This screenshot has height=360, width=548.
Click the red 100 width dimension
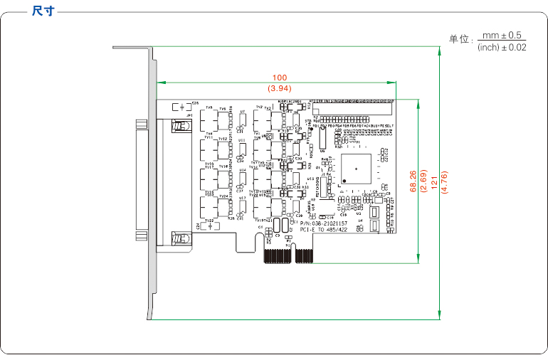pyautogui.click(x=279, y=77)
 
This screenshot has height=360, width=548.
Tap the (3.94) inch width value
pyautogui.click(x=279, y=88)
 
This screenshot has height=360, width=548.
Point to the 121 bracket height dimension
pyautogui.click(x=433, y=184)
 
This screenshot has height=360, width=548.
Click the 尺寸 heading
pyautogui.click(x=43, y=11)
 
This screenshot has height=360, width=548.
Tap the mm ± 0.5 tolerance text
pyautogui.click(x=502, y=35)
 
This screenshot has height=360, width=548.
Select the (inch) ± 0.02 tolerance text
pyautogui.click(x=502, y=47)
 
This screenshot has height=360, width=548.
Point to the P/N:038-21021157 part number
pyautogui.click(x=323, y=223)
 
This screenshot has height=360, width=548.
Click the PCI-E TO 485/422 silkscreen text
pyautogui.click(x=323, y=230)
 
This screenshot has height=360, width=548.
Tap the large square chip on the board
pyautogui.click(x=356, y=169)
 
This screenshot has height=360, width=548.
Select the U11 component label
pyautogui.click(x=242, y=140)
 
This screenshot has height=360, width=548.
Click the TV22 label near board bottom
pyautogui.click(x=209, y=221)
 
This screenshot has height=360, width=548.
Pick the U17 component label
pyautogui.click(x=242, y=198)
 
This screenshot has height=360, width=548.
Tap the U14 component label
pyautogui.click(x=242, y=169)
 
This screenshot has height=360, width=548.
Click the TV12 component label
pyautogui.click(x=222, y=139)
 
